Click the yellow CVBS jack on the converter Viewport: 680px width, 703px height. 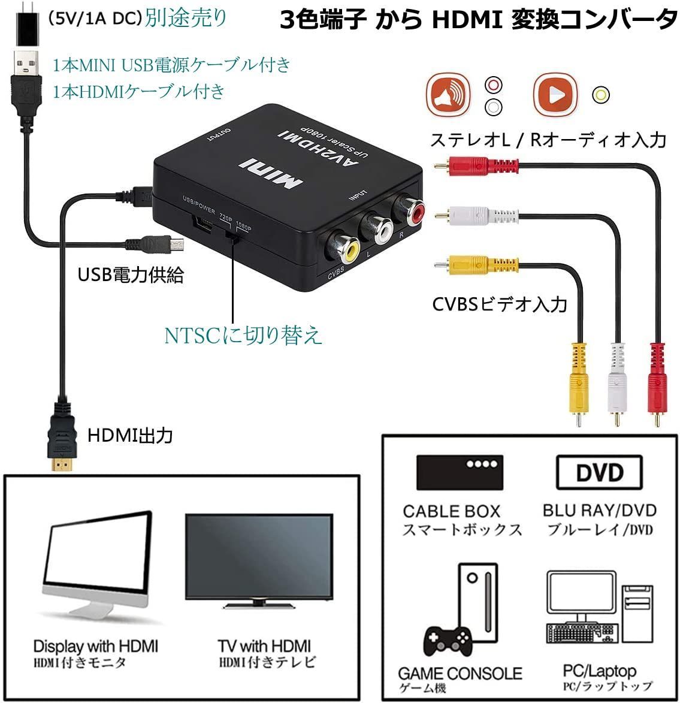click(346, 246)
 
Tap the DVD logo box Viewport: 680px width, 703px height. click(599, 472)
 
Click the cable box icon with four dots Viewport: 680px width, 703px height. click(460, 472)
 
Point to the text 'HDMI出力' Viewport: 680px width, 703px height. click(130, 435)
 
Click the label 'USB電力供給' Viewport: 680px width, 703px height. click(131, 275)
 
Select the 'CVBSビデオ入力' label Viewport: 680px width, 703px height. click(500, 304)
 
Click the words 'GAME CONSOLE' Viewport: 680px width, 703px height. click(460, 673)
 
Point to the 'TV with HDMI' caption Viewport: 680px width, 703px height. click(264, 646)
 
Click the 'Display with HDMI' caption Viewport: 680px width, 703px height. click(95, 646)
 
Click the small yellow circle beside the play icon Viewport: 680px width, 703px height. click(600, 95)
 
